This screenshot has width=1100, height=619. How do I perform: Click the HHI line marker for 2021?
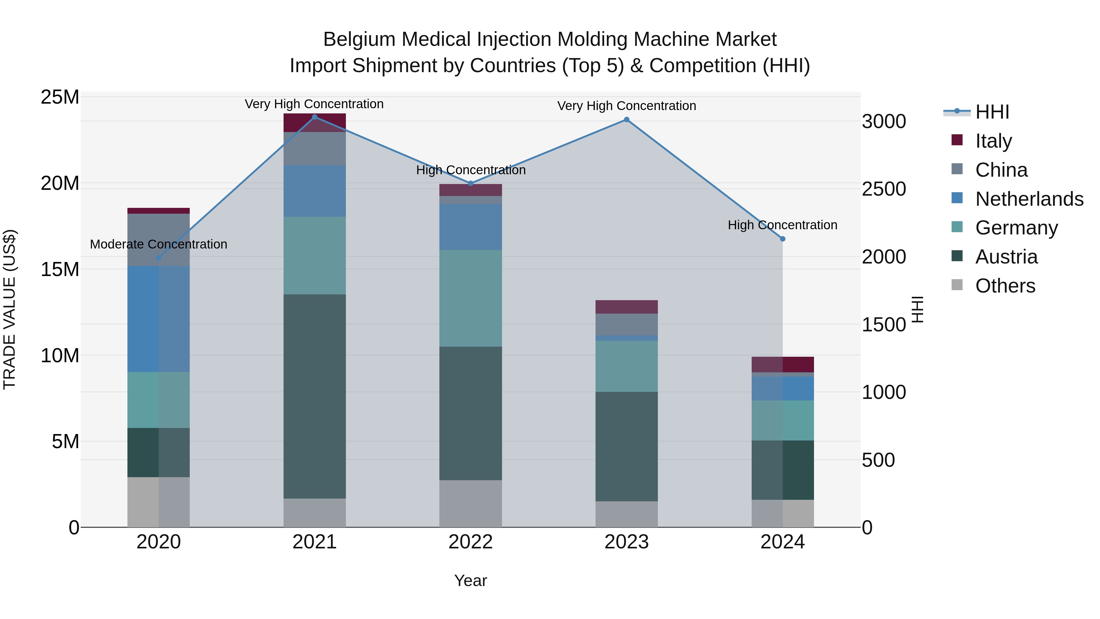[x=315, y=117]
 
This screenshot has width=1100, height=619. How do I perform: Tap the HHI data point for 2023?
[x=626, y=120]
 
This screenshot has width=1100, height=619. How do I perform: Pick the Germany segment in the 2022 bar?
[x=471, y=298]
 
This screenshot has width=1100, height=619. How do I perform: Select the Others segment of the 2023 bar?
[x=626, y=514]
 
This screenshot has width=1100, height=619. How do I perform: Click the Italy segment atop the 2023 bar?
[x=626, y=307]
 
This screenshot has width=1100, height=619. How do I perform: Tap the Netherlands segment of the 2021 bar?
[x=315, y=191]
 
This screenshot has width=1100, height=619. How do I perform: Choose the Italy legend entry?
[x=993, y=141]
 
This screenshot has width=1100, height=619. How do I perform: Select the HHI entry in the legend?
[x=992, y=112]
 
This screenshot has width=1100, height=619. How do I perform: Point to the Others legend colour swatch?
[x=957, y=285]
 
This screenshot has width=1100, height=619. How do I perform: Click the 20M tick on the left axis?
[x=60, y=183]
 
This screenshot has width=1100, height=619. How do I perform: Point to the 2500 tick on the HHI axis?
[x=883, y=189]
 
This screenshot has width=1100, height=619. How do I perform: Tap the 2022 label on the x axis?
[x=471, y=542]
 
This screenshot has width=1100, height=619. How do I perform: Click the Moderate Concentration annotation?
[x=158, y=244]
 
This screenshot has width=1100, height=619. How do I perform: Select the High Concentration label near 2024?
[x=782, y=225]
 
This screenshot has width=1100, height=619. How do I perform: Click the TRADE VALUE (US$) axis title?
[x=9, y=309]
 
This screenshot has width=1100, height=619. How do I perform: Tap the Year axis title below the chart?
[x=471, y=580]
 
